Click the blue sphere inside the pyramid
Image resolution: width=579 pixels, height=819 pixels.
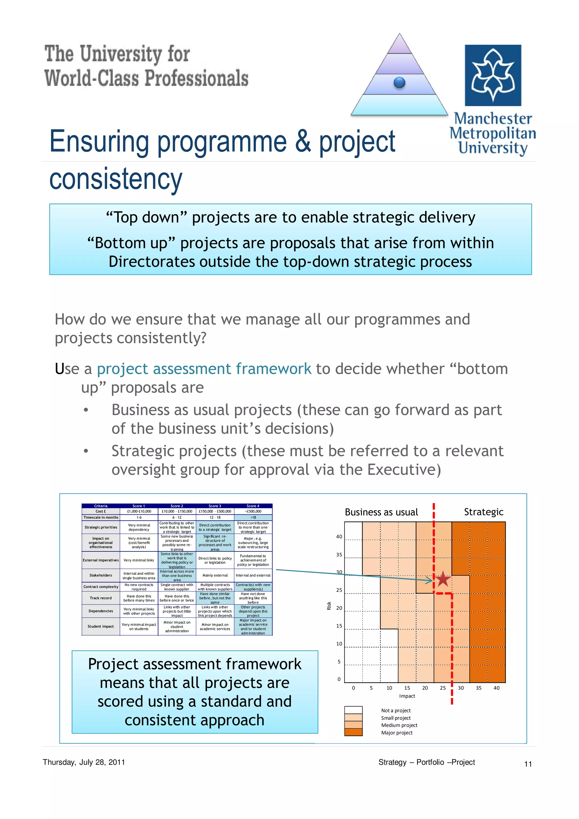click(x=399, y=83)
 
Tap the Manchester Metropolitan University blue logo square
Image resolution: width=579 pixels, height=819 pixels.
click(x=493, y=75)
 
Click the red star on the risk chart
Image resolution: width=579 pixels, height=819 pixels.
click(x=443, y=579)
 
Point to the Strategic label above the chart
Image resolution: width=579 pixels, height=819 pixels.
click(x=483, y=512)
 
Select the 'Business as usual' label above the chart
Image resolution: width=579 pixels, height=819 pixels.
click(x=381, y=512)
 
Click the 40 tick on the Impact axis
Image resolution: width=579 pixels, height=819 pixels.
click(x=496, y=688)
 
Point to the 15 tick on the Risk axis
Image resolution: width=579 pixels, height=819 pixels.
click(x=339, y=626)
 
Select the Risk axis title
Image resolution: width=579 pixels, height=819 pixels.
click(x=329, y=606)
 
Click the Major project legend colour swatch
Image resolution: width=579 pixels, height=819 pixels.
click(x=353, y=732)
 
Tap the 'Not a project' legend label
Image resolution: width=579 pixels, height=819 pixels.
click(x=396, y=710)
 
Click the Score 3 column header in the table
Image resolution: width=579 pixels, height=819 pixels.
click(x=215, y=506)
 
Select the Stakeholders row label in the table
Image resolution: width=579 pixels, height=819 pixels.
click(x=101, y=575)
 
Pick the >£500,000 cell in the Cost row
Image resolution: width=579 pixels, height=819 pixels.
click(x=253, y=511)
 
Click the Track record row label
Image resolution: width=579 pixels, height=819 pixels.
click(x=101, y=598)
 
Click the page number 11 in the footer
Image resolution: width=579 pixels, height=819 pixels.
click(x=528, y=764)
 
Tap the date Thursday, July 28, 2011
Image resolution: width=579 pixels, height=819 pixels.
click(x=84, y=762)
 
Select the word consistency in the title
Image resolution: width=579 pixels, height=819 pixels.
click(x=116, y=179)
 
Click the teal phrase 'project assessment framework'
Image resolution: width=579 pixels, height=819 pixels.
click(x=204, y=369)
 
